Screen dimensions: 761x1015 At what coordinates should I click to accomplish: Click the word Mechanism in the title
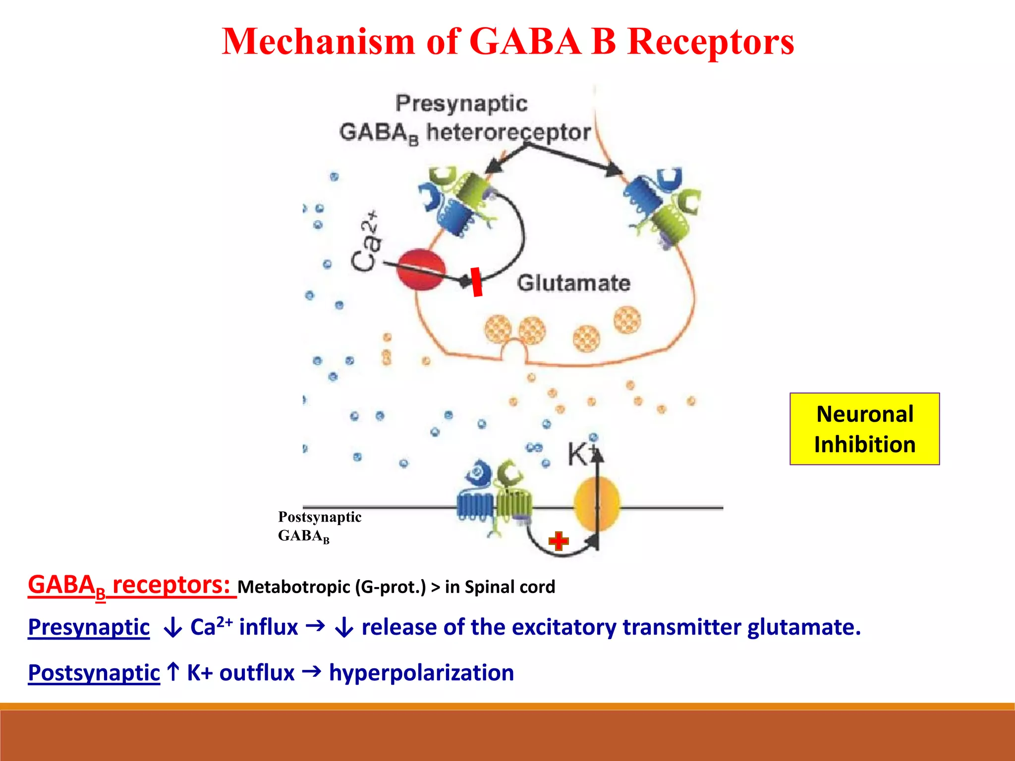(317, 42)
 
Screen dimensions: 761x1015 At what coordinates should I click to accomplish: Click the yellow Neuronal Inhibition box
(864, 429)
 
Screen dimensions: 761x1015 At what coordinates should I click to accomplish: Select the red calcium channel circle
(421, 270)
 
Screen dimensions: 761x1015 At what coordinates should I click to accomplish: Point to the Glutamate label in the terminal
(573, 283)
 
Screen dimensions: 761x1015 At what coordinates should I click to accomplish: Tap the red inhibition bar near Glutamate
(476, 282)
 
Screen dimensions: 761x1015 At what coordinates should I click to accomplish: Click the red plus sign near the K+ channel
(559, 541)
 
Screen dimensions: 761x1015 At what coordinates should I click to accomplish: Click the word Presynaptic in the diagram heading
(461, 104)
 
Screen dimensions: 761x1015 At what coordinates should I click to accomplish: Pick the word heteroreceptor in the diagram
(508, 132)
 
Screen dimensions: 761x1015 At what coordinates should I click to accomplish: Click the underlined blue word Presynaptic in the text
(89, 627)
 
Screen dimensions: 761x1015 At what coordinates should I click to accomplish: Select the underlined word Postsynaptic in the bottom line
(94, 673)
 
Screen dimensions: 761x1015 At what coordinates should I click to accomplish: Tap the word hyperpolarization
(421, 673)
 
